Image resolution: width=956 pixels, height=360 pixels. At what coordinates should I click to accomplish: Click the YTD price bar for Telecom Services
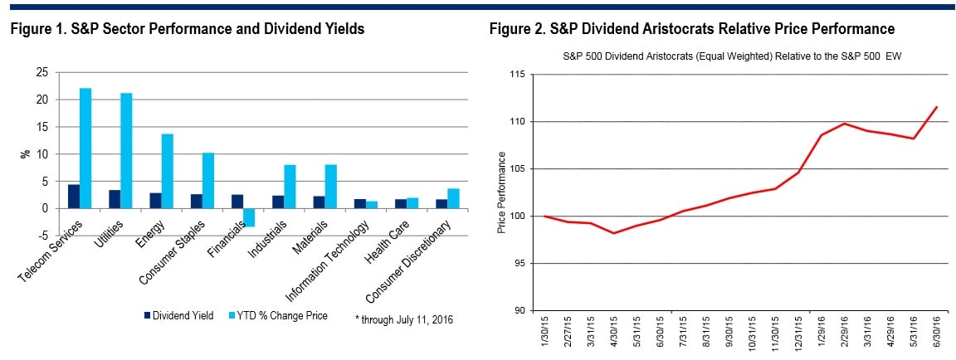(85, 148)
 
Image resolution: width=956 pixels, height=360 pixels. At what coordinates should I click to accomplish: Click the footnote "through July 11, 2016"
(404, 318)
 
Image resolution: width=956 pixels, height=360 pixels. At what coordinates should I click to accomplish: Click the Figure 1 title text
(188, 29)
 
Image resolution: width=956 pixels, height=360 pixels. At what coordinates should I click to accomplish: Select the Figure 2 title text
(691, 29)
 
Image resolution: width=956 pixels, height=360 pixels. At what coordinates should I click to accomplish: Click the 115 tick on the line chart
(520, 75)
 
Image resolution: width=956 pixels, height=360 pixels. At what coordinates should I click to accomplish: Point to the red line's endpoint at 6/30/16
(936, 107)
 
